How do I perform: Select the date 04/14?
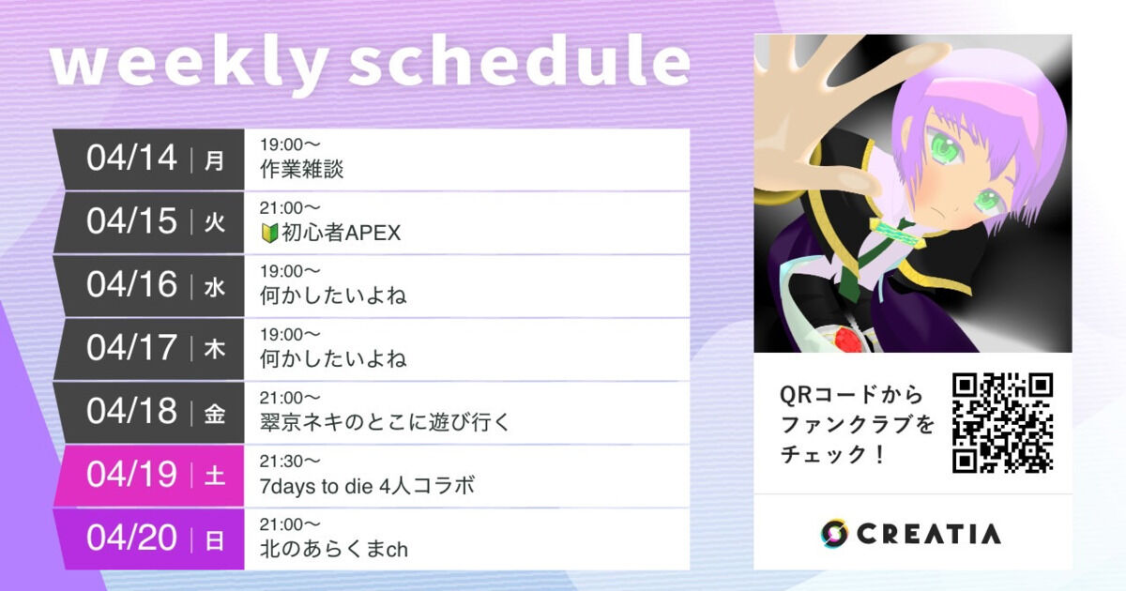pos(131,159)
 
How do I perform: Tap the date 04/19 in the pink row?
pos(131,475)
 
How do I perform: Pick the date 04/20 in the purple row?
pos(131,538)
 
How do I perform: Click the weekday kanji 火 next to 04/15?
pos(215,222)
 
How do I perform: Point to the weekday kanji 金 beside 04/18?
pos(215,413)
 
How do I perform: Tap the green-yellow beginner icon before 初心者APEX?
pos(268,233)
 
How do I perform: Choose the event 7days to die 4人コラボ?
pos(367,486)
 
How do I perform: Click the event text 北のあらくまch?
pos(333,549)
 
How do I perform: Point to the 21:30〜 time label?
pos(291,461)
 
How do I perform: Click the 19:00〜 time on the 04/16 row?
pos(291,271)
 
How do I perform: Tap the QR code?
pos(1002,422)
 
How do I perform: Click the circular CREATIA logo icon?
pos(834,533)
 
